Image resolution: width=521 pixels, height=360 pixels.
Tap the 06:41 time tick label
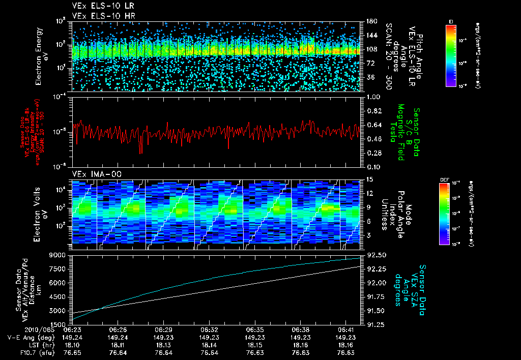click(345, 329)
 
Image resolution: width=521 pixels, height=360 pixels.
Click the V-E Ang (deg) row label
click(28, 337)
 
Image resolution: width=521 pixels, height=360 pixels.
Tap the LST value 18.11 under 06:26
click(117, 345)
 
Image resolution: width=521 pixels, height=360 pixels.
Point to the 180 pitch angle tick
click(371, 21)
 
